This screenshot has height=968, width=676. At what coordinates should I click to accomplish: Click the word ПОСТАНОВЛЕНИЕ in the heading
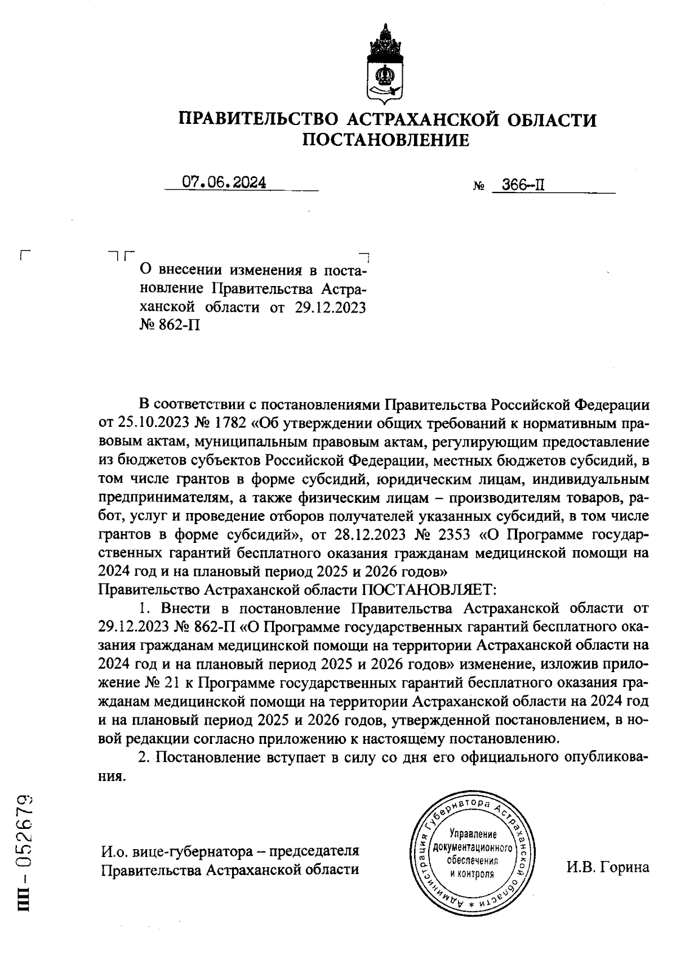(386, 140)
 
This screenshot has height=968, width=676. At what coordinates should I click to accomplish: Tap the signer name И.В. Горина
(608, 867)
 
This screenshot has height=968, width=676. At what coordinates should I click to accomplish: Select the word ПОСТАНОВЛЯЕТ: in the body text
(428, 590)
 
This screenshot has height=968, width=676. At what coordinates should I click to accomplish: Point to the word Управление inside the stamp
(472, 834)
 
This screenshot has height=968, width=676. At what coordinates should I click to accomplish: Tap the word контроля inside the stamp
(472, 874)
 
